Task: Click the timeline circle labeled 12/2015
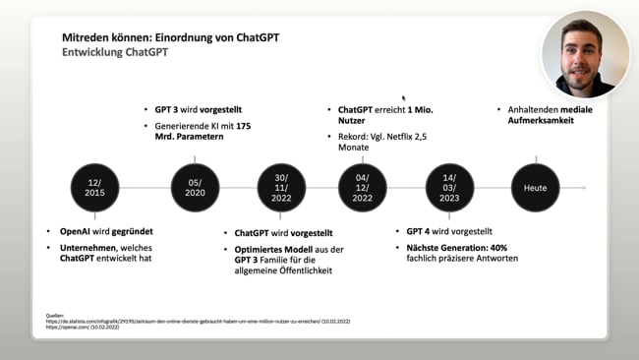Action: tap(94, 187)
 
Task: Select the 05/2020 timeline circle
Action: tap(195, 187)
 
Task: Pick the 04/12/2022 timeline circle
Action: tap(363, 187)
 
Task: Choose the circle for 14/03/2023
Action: tap(450, 187)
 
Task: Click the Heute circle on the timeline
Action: tap(536, 187)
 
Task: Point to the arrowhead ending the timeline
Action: tap(583, 187)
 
